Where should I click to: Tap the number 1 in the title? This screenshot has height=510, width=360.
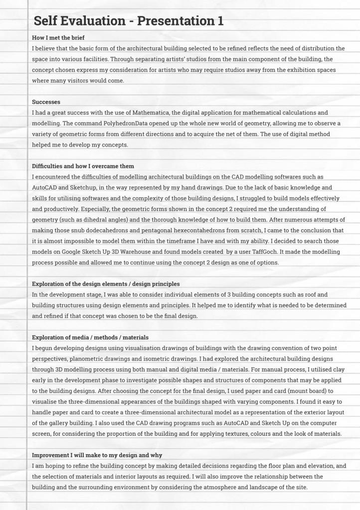220,21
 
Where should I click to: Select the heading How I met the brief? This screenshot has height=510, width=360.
61,38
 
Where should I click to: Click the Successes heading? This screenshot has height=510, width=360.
46,102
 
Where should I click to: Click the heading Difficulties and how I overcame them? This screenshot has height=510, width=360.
83,166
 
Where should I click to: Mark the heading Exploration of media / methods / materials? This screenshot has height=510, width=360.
90,338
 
